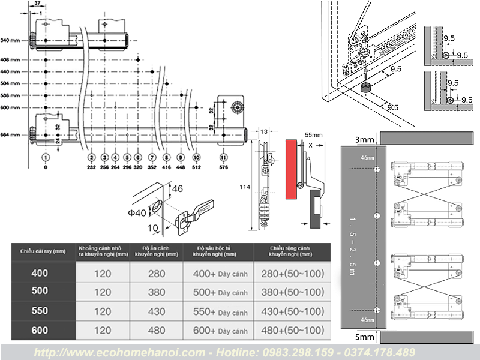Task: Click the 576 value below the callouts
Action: (224, 169)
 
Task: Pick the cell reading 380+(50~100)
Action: (293, 292)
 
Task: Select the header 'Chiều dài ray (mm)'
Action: (42, 251)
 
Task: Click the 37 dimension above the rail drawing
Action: (37, 4)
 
